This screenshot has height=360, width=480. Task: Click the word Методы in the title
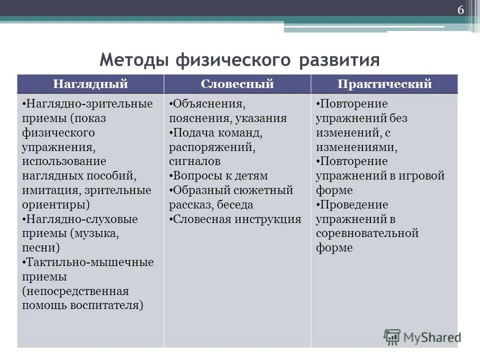point(134,60)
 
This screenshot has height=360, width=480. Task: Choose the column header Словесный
point(237,84)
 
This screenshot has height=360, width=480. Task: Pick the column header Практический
point(384,84)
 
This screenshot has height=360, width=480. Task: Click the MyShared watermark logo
point(422,336)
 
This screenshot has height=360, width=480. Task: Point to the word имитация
point(46,190)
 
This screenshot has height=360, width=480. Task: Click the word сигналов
point(194,161)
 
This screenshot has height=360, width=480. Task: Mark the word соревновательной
point(366,233)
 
